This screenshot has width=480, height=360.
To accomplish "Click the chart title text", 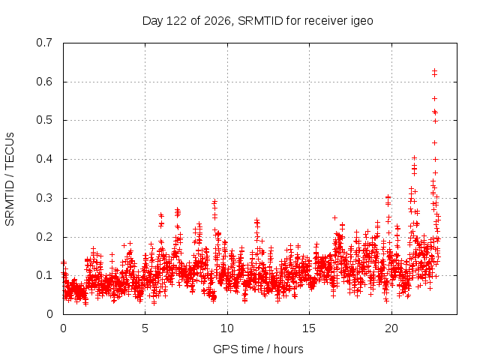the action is [258, 21].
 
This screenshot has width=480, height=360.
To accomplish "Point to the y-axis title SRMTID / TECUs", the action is [10, 179].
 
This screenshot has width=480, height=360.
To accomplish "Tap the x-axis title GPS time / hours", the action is [258, 349].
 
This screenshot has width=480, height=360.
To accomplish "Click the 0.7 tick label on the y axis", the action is [44, 43].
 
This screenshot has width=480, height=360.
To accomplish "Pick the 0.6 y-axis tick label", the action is [44, 82].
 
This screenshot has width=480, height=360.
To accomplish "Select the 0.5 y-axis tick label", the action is [44, 120].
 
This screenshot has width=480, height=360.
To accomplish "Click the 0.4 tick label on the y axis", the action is [44, 159].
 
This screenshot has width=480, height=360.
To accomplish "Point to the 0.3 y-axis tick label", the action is [44, 198].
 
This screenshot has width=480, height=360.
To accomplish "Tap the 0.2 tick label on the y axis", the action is [44, 237].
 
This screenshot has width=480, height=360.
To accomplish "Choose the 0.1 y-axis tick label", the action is [44, 275].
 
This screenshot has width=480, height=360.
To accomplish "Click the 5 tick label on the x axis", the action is [145, 328].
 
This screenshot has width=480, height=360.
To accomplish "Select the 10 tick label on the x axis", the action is [226, 328].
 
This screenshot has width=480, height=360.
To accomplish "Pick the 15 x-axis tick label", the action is [309, 328].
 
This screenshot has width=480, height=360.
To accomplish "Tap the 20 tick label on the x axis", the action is [391, 328].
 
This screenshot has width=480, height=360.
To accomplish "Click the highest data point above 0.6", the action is [434, 71].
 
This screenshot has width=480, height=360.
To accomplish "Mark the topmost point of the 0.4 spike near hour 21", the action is [415, 157].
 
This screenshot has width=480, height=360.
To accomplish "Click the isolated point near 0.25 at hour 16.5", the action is [334, 217].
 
